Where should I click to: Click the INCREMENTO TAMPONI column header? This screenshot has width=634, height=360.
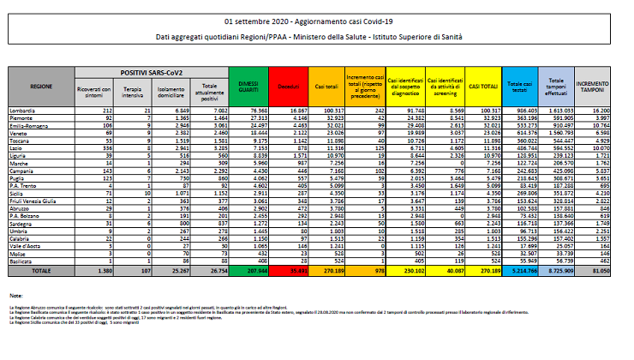(x=593, y=87)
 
